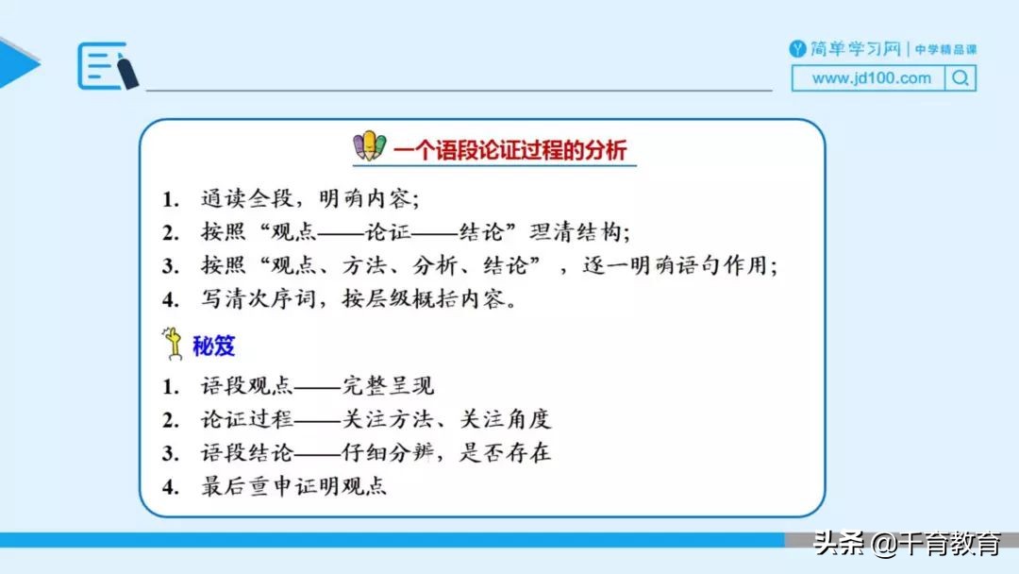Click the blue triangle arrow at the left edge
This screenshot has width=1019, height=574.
17,64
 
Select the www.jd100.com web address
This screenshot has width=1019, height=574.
871,78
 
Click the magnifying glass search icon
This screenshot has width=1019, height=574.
960,79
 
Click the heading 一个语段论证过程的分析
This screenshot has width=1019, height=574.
509,150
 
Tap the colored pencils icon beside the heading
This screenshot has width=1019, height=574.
370,146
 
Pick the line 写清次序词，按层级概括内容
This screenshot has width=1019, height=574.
359,300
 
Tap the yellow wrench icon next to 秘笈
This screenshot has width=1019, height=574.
175,345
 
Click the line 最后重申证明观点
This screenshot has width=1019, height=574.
293,487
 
